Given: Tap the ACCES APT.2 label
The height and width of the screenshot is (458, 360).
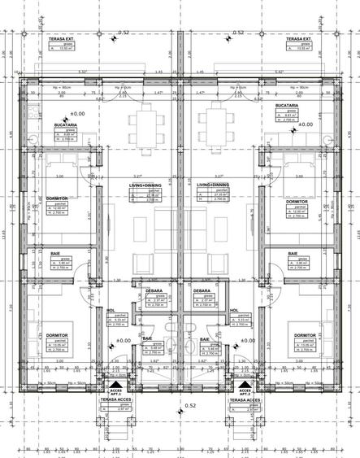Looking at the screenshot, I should coord(241,390).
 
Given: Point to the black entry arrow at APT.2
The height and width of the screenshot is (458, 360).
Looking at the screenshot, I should coord(241,380).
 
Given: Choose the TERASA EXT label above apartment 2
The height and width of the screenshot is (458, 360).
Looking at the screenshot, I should coord(299,37).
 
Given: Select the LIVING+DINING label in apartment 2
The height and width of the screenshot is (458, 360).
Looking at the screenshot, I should coord(213,185).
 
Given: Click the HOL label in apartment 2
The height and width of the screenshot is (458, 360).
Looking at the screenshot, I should coord(234,310).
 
